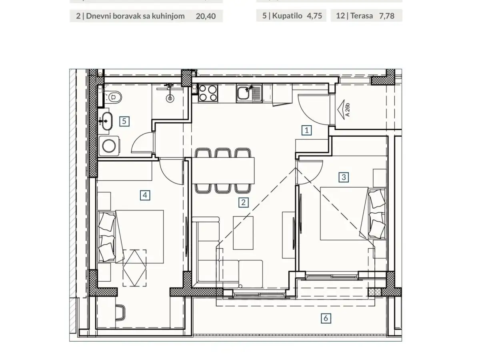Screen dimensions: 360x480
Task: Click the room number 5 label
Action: (x=125, y=121)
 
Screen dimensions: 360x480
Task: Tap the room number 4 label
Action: (x=145, y=195)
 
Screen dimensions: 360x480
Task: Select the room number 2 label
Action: (x=243, y=202)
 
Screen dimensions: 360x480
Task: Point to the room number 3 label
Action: (x=344, y=176)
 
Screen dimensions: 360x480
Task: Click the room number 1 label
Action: (x=307, y=130)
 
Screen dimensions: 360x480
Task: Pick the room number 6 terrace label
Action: (x=326, y=318)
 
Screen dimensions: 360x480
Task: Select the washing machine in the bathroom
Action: (x=108, y=146)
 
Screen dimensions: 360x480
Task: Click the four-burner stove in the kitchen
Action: (x=208, y=93)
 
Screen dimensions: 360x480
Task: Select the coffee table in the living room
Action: (x=243, y=232)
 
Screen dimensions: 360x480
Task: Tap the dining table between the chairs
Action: (x=224, y=169)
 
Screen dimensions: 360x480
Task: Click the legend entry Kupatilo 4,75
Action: (x=292, y=16)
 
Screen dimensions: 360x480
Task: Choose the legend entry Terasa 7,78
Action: (x=366, y=16)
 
